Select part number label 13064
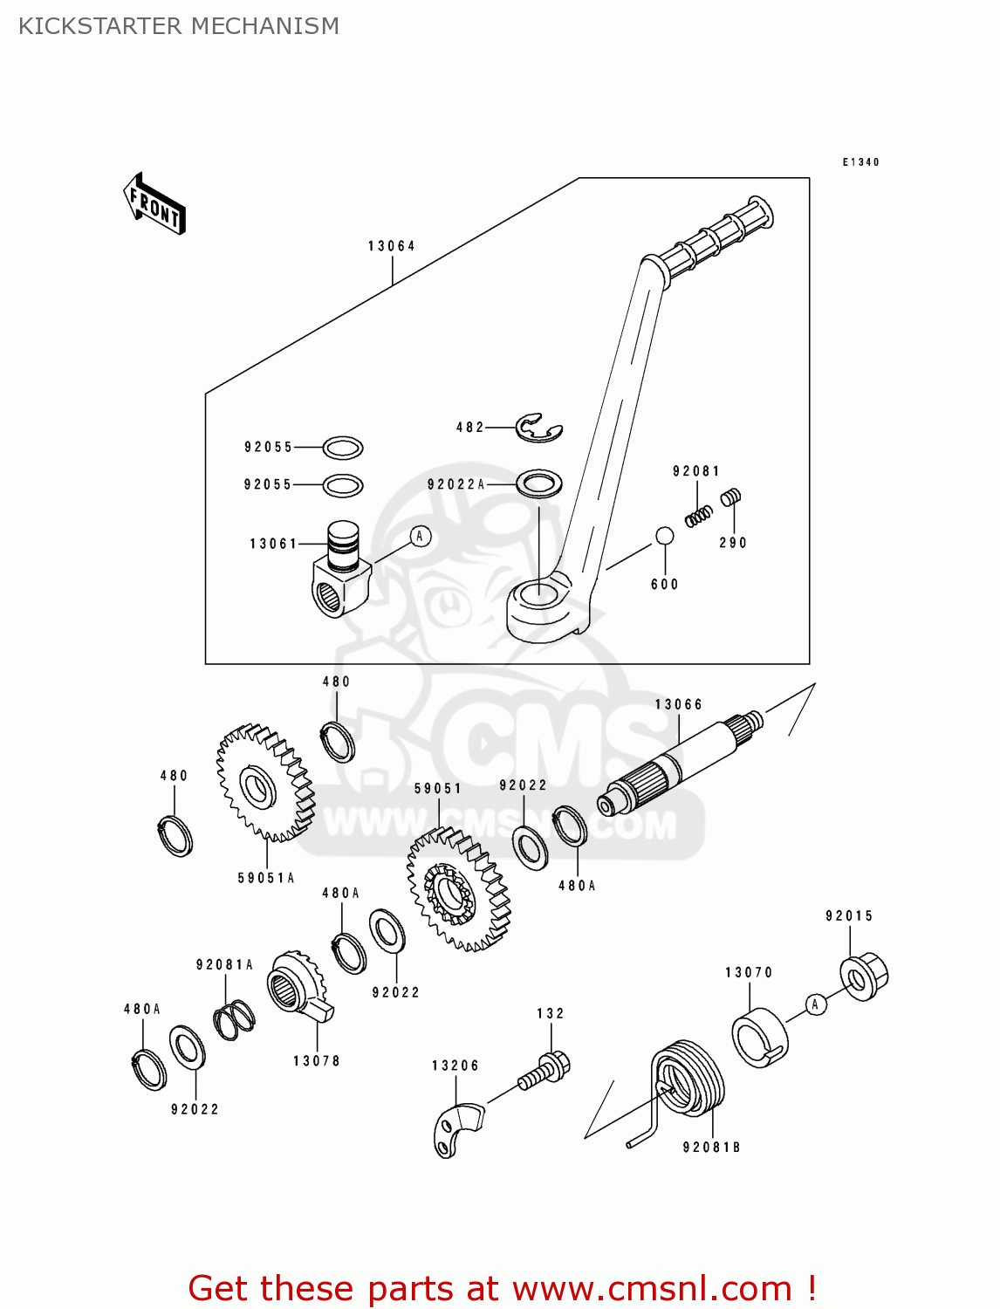(x=391, y=246)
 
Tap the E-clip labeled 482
(x=538, y=428)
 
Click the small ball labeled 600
(x=664, y=536)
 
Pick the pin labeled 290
(x=730, y=497)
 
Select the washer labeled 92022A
(x=538, y=483)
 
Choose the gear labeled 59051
(x=457, y=890)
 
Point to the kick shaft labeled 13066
(x=681, y=759)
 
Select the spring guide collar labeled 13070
(x=759, y=1038)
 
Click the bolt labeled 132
(x=546, y=1071)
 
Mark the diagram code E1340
(x=860, y=162)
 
